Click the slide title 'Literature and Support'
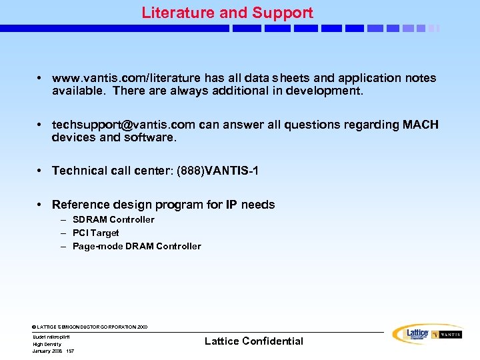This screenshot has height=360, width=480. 227,13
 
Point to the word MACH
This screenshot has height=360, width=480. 421,125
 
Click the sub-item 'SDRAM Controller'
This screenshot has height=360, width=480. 113,219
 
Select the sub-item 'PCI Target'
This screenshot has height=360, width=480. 96,233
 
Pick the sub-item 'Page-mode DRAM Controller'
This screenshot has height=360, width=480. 137,246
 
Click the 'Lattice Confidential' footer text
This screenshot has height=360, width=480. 253,341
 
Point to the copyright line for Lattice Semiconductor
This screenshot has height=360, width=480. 90,327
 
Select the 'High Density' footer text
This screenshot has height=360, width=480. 47,344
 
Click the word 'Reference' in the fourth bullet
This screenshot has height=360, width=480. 79,205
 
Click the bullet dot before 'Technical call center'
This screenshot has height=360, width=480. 41,171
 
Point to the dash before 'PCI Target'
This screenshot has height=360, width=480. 64,233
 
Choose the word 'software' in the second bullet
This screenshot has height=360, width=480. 148,137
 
